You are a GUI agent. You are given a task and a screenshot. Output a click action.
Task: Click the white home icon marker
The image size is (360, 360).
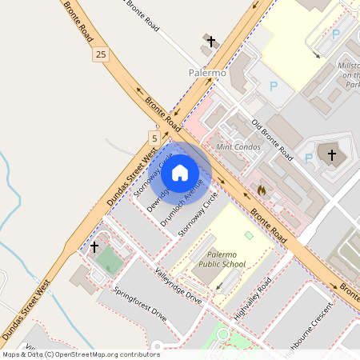coord(180,172)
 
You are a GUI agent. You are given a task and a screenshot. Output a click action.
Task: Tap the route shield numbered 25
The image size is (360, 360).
coord(100,54)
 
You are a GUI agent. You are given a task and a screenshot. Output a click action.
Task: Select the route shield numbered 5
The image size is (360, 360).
coord(153,138)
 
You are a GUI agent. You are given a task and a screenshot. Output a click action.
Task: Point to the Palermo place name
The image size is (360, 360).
coord(208,73)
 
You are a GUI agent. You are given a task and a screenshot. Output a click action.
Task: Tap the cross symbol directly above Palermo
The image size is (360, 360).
coord(211,41)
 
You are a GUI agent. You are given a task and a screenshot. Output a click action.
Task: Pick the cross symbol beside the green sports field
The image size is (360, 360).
coord(94,247)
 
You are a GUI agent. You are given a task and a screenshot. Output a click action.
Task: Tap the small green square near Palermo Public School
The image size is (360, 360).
coord(248,235)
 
